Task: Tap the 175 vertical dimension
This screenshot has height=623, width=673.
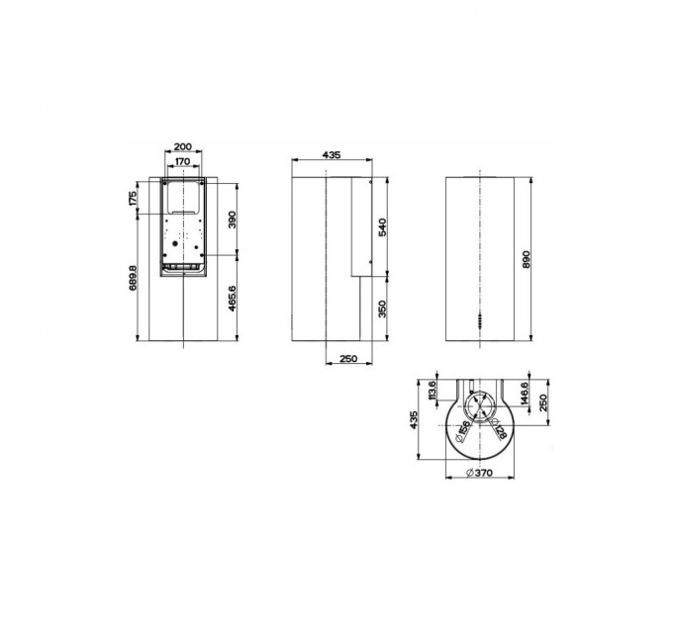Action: (x=134, y=199)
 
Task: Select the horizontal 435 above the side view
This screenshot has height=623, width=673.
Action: (x=331, y=156)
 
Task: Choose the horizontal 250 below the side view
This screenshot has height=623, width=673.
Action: (x=347, y=359)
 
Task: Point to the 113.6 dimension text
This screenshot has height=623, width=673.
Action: (x=432, y=395)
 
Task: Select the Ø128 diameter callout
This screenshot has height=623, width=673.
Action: (x=500, y=430)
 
